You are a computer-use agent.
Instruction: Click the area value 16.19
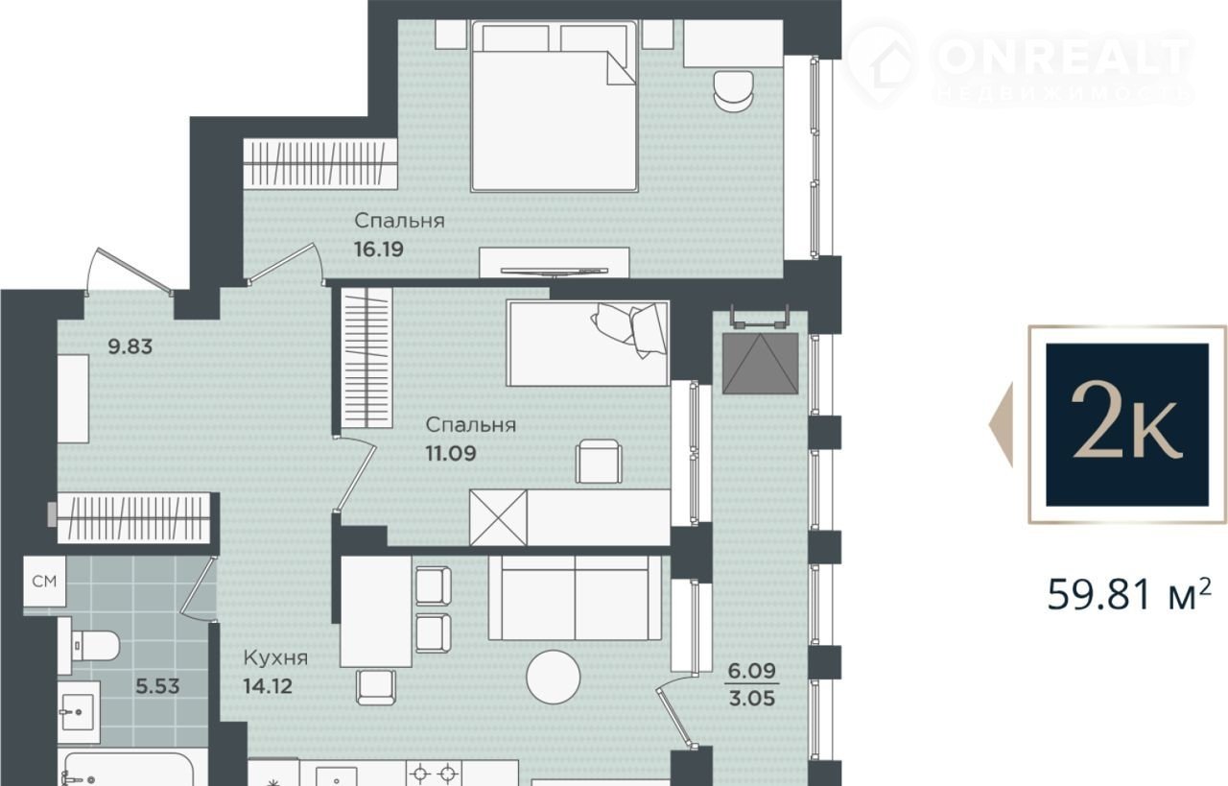(379, 249)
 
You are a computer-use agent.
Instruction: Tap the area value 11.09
(451, 454)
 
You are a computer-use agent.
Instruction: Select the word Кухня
(275, 657)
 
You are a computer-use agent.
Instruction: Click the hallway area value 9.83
(130, 346)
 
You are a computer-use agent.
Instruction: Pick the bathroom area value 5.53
(158, 686)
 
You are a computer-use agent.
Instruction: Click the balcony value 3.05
(751, 699)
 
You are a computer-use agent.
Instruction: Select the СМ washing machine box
(44, 582)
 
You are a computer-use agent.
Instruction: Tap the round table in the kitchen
(554, 677)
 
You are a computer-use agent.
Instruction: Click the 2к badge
(1127, 424)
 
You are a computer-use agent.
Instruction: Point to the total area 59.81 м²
(1129, 595)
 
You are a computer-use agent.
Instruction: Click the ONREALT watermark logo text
(1065, 57)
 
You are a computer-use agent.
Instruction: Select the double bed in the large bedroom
(555, 107)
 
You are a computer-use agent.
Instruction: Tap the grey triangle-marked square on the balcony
(761, 363)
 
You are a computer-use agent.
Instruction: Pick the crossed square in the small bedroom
(498, 518)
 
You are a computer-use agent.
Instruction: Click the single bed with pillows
(588, 344)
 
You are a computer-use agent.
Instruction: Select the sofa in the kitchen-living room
(575, 598)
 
